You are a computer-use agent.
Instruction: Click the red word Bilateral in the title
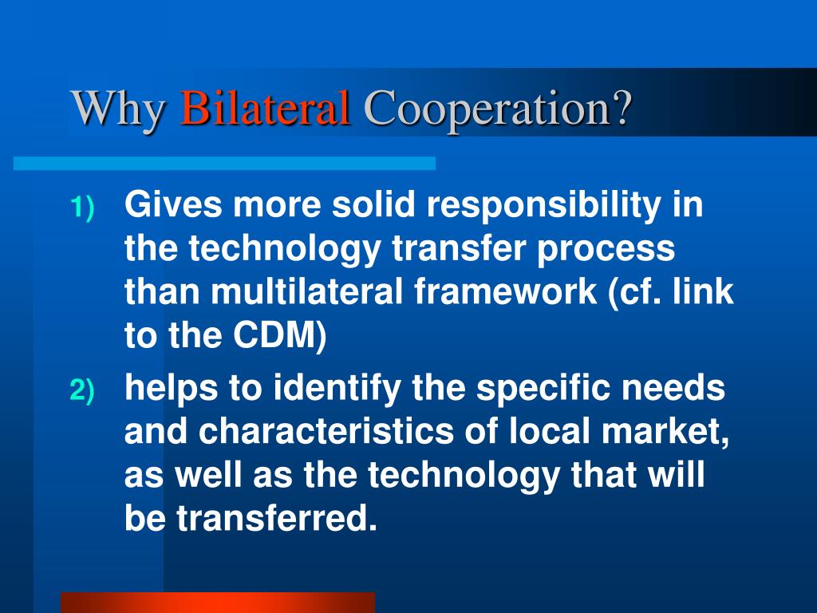pyautogui.click(x=265, y=108)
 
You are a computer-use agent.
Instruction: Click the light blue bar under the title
pyautogui.click(x=224, y=163)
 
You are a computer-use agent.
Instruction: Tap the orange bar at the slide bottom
pyautogui.click(x=217, y=602)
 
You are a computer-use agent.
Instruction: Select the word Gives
pyautogui.click(x=174, y=206)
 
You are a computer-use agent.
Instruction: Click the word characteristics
pyautogui.click(x=325, y=433)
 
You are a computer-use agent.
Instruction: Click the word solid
pyautogui.click(x=374, y=206)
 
